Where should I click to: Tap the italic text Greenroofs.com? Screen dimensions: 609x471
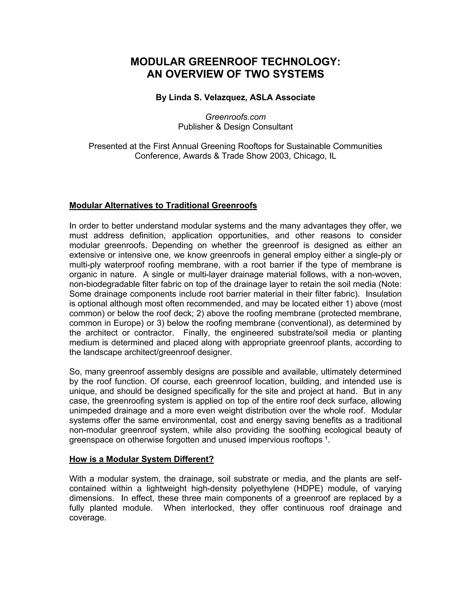(x=235, y=117)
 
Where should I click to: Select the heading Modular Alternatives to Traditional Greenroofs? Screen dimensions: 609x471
(x=163, y=205)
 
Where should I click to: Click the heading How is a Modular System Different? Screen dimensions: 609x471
(x=141, y=459)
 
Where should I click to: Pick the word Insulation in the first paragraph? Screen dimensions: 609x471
(x=383, y=294)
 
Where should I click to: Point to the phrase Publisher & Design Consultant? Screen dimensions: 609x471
(x=235, y=127)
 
